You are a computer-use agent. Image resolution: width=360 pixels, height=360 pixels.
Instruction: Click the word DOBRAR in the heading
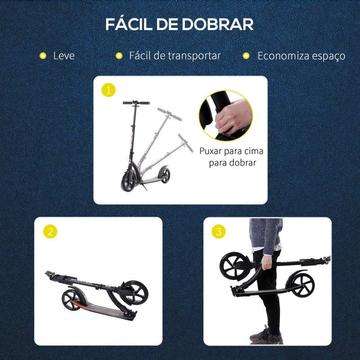219,25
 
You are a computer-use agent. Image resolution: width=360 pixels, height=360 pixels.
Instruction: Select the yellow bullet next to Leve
43,56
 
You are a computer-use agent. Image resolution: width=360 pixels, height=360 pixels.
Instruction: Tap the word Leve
64,56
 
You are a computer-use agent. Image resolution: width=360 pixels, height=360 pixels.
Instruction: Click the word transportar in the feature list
194,56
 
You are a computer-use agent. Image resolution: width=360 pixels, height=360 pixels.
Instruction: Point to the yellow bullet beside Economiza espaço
246,56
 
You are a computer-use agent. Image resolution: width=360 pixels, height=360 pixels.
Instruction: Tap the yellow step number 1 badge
108,90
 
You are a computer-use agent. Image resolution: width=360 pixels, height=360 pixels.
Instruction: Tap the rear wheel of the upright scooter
162,175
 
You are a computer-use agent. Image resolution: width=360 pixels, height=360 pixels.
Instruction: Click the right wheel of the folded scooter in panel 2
134,294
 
